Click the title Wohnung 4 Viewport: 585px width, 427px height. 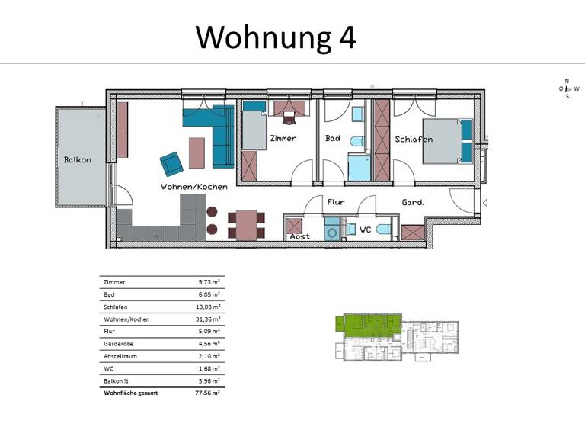[276, 36]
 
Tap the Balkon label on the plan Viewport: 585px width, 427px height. [77, 159]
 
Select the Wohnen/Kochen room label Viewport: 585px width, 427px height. [191, 186]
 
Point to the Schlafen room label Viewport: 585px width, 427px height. [414, 140]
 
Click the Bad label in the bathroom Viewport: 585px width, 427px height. [332, 139]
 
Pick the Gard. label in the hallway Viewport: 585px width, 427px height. [413, 203]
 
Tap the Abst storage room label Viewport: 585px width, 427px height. [299, 236]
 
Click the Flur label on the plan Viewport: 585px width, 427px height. [336, 203]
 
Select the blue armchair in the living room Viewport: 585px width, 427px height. [171, 164]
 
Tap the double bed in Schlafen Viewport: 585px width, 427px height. [442, 140]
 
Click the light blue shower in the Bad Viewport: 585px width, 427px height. [358, 168]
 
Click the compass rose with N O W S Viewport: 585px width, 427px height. [567, 88]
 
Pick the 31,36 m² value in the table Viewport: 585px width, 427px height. [208, 319]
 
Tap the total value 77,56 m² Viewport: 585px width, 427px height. [207, 392]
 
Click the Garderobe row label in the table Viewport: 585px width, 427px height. [119, 343]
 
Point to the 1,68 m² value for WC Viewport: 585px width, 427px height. [209, 368]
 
